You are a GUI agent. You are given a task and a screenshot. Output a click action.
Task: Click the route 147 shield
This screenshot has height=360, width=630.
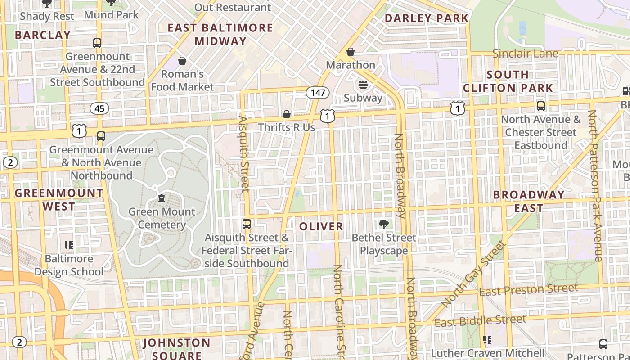coord(318,93)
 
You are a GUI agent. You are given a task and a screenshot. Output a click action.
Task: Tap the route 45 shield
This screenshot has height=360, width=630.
coord(99,108)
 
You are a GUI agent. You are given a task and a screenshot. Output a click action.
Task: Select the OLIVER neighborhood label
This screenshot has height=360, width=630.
coord(321,226)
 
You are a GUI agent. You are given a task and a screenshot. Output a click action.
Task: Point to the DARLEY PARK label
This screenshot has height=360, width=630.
coord(427,18)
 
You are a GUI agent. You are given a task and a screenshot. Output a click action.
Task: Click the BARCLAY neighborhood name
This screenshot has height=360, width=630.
coord(43,35)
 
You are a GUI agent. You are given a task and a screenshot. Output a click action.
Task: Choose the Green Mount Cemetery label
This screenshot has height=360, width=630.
coord(162,218)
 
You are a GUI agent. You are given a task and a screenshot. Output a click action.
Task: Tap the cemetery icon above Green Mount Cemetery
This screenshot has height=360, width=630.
coord(162,198)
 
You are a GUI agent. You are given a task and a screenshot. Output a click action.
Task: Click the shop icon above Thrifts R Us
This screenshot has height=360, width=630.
coord(287,115)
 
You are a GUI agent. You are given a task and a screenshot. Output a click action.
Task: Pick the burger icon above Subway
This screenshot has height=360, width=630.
coord(363,85)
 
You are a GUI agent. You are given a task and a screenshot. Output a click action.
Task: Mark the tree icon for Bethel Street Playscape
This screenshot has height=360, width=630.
coord(384,224)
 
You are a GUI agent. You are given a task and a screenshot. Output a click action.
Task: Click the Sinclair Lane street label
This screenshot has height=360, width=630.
coord(525,54)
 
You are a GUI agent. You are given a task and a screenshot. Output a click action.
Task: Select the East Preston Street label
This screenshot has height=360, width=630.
coord(528,290)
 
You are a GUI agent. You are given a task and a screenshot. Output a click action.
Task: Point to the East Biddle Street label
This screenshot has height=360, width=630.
coord(480,321)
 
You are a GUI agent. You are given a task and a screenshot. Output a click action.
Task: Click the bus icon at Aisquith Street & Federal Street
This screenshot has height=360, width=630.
coord(247,224)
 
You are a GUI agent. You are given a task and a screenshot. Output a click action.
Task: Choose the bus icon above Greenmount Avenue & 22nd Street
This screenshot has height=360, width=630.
coord(97,43)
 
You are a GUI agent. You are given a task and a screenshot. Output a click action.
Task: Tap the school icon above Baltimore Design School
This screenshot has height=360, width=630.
coord(69,245)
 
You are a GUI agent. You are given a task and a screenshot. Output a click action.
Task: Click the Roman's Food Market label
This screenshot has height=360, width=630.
coord(182,80)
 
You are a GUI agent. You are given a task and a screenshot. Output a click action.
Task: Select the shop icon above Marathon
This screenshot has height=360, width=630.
coord(351,52)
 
